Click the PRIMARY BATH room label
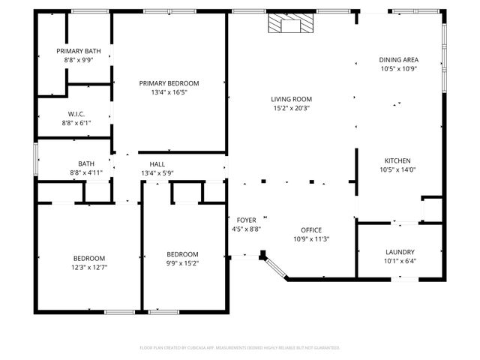pyautogui.click(x=73, y=51)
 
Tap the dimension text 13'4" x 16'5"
pyautogui.click(x=169, y=93)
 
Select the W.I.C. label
pyautogui.click(x=76, y=114)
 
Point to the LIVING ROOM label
pyautogui.click(x=292, y=99)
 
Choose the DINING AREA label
pyautogui.click(x=398, y=60)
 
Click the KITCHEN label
pyautogui.click(x=397, y=160)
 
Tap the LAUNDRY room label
pyautogui.click(x=400, y=253)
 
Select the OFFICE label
pyautogui.click(x=311, y=230)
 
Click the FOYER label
pyautogui.click(x=246, y=220)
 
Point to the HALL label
pyautogui.click(x=157, y=164)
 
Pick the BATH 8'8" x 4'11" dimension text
pyautogui.click(x=86, y=173)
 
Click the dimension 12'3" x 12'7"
pyautogui.click(x=88, y=267)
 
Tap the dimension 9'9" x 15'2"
pyautogui.click(x=182, y=263)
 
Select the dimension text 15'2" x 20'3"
pyautogui.click(x=292, y=108)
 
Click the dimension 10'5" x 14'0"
pyautogui.click(x=397, y=169)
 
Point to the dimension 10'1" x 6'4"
pyautogui.click(x=400, y=262)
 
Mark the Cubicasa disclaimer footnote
pyautogui.click(x=240, y=348)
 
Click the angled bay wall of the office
pyautogui.click(x=274, y=268)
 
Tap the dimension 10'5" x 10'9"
pyautogui.click(x=398, y=69)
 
